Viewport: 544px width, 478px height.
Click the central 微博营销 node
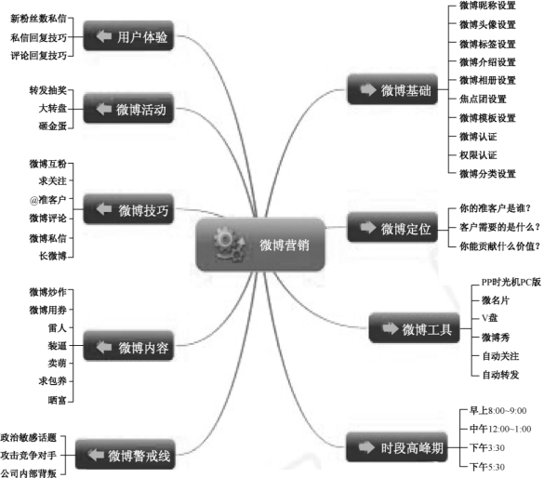[260, 245]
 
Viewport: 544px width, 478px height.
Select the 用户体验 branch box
[128, 35]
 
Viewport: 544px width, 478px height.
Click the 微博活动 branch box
[128, 108]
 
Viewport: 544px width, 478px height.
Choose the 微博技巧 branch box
[128, 209]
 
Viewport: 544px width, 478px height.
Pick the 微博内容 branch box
[128, 346]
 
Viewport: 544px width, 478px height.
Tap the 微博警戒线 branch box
[126, 455]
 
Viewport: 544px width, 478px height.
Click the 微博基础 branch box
[392, 89]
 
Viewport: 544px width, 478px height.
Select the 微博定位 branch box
[392, 227]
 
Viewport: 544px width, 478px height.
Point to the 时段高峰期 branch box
[397, 446]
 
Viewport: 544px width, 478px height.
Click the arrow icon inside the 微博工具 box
[390, 328]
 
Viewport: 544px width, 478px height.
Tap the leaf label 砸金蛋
[53, 126]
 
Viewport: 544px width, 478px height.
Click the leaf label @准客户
[47, 199]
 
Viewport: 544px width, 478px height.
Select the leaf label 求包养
[53, 381]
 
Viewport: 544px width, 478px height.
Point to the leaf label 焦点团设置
[483, 100]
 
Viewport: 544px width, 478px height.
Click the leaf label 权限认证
[478, 154]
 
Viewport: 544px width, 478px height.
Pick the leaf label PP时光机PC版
[511, 282]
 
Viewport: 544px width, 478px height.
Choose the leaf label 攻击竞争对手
[29, 455]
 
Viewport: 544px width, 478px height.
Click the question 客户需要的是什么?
[499, 227]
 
